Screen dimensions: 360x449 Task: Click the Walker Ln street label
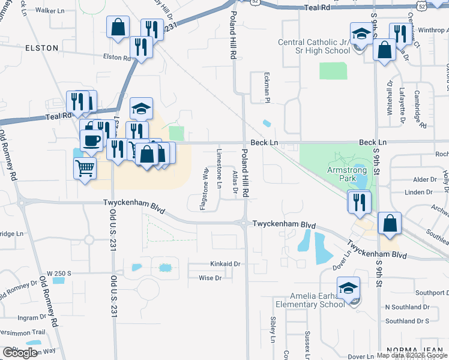[x=50, y=11]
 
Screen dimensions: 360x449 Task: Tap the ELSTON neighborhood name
[x=43, y=47]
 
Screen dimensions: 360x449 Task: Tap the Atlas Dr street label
[x=235, y=182]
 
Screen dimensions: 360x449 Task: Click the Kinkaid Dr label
[x=225, y=263]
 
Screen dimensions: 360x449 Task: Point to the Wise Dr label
[x=210, y=278]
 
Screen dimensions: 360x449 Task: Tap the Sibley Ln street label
[x=273, y=330]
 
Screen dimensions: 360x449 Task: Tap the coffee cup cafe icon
[x=91, y=140]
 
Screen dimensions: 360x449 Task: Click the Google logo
[x=20, y=353]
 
